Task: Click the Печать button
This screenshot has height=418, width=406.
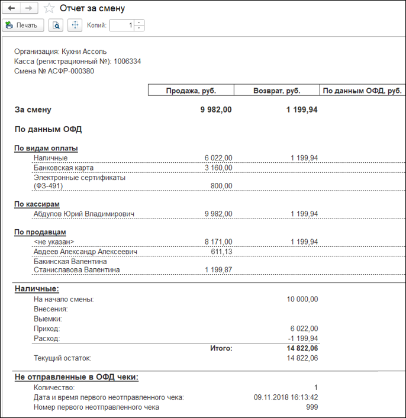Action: pyautogui.click(x=22, y=25)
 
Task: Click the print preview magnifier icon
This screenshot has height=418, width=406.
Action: pyautogui.click(x=56, y=25)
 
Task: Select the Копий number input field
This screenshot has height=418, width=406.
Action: pyautogui.click(x=122, y=25)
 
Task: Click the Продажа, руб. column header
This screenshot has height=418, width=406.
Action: pyautogui.click(x=191, y=91)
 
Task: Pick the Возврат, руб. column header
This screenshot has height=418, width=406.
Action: pyautogui.click(x=276, y=91)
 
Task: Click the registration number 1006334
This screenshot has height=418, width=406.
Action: pyautogui.click(x=127, y=61)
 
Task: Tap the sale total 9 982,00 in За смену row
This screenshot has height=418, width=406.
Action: pyautogui.click(x=216, y=110)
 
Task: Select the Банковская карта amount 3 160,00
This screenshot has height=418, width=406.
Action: pyautogui.click(x=218, y=168)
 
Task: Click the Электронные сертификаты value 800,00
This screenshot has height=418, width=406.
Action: pyautogui.click(x=222, y=186)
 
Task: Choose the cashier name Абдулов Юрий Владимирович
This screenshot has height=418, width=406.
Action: pyautogui.click(x=85, y=214)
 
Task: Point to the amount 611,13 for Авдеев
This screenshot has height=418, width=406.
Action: pyautogui.click(x=221, y=252)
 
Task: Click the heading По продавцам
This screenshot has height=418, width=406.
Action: pyautogui.click(x=40, y=232)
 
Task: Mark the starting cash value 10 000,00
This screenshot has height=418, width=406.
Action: pyautogui.click(x=302, y=300)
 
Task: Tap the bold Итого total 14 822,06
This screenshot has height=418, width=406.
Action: pyautogui.click(x=302, y=349)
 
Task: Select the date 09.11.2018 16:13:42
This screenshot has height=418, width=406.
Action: pyautogui.click(x=285, y=397)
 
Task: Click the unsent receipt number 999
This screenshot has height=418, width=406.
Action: pyautogui.click(x=311, y=407)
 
